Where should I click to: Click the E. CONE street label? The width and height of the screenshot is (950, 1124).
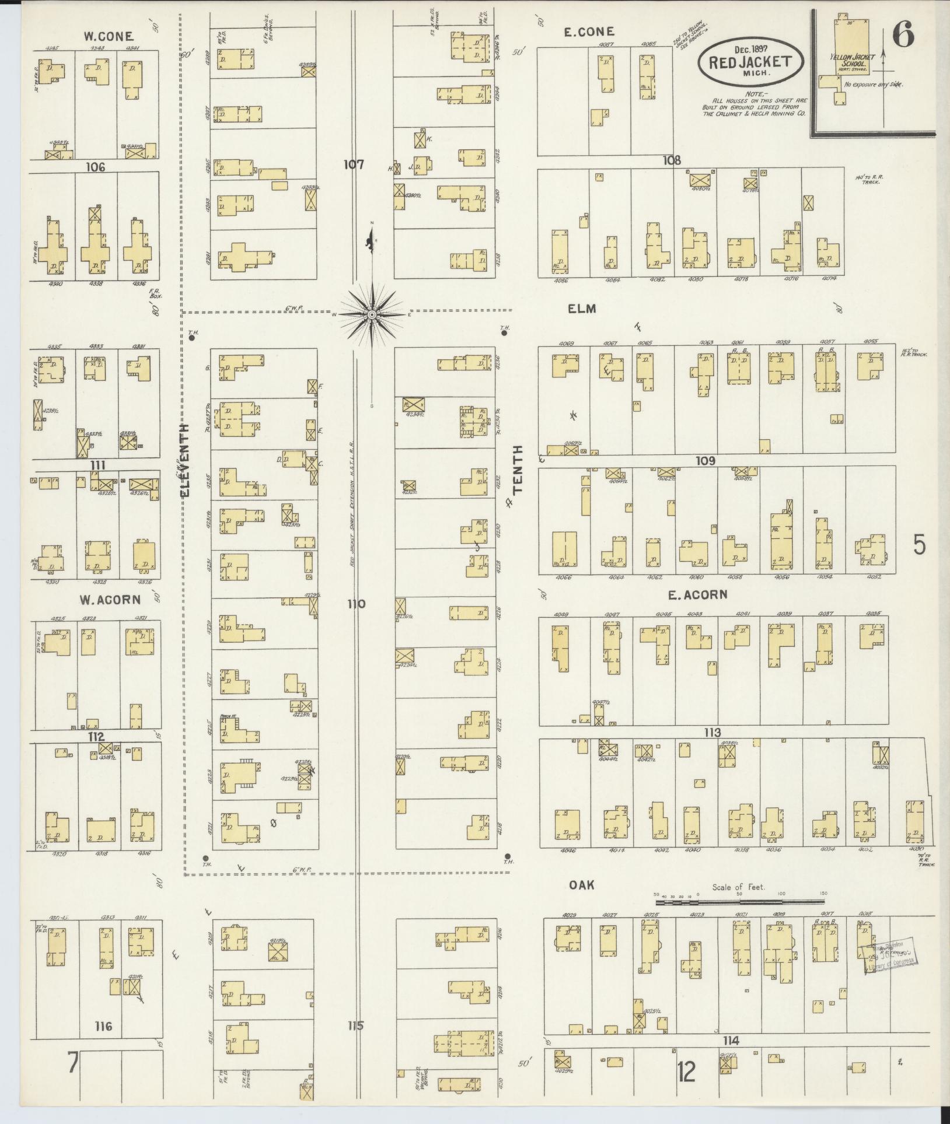[x=589, y=32]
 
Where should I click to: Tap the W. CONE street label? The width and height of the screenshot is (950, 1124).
[x=108, y=36]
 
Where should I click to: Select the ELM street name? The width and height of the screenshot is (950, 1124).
[x=582, y=309]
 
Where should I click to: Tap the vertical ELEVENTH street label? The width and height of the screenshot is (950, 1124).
[x=186, y=460]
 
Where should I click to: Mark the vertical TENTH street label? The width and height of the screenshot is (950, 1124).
[x=518, y=470]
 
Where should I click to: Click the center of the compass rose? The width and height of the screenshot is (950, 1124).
[x=372, y=315]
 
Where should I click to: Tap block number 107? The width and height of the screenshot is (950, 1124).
[x=354, y=165]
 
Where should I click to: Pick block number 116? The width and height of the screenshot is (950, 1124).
[x=103, y=1026]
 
